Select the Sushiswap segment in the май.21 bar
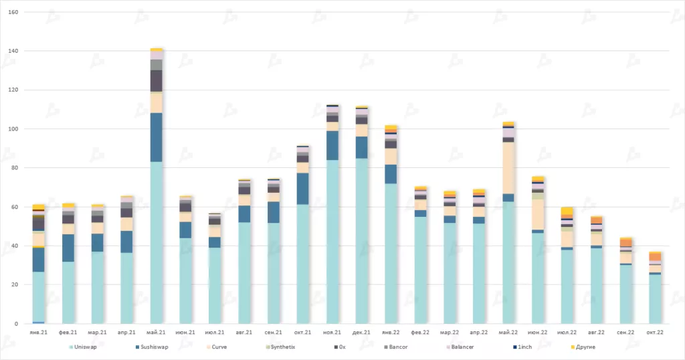157,137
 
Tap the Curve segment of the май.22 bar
508,168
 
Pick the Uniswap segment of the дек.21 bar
362,241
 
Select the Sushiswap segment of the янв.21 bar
39,260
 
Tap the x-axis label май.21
157,332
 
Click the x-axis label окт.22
655,332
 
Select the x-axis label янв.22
391,332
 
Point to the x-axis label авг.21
244,332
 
